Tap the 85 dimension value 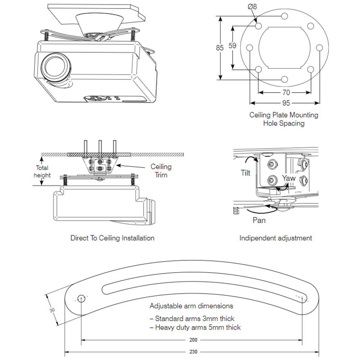(220, 48)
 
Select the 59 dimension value (233, 46)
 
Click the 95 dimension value (286, 103)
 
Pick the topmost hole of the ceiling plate (285, 16)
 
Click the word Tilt (246, 173)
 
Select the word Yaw (289, 178)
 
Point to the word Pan (259, 220)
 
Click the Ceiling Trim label (161, 171)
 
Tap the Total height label (42, 171)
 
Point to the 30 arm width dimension (52, 310)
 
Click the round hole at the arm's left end (81, 298)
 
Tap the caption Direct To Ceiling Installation (112, 238)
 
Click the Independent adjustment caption (276, 238)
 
